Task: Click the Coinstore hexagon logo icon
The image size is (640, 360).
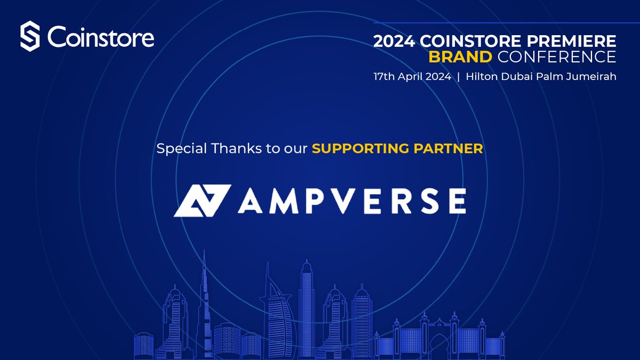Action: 31,37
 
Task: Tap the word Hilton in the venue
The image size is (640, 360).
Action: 482,76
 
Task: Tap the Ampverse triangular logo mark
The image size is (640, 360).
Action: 202,200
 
